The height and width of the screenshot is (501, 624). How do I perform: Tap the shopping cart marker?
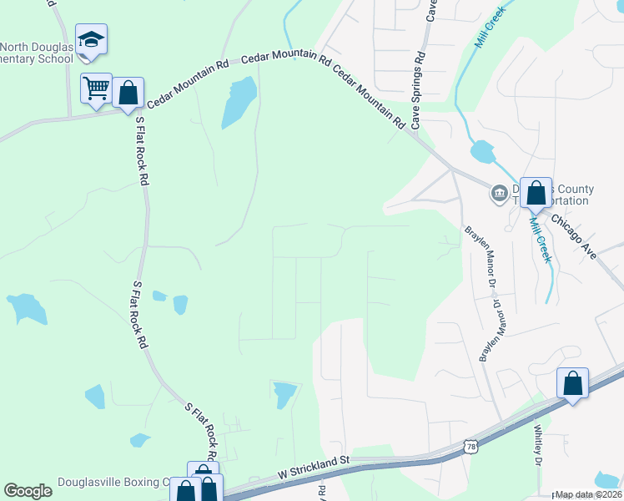pyautogui.click(x=96, y=89)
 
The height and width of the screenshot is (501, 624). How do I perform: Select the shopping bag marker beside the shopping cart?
pyautogui.click(x=128, y=94)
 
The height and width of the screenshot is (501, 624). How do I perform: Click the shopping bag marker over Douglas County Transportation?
pyautogui.click(x=536, y=194)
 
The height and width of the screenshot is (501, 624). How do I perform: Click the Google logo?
pyautogui.click(x=28, y=491)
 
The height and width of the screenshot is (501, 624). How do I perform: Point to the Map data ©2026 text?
pyautogui.click(x=588, y=494)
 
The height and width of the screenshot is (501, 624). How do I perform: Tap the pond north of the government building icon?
pyautogui.click(x=483, y=152)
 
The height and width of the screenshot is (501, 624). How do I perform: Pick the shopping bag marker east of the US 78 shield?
pyautogui.click(x=573, y=384)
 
